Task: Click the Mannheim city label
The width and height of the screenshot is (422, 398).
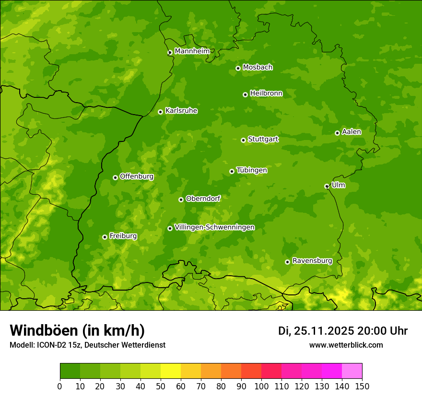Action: pyautogui.click(x=192, y=51)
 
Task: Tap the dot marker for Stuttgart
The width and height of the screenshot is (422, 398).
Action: pyautogui.click(x=243, y=140)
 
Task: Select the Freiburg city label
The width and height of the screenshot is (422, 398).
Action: pyautogui.click(x=123, y=236)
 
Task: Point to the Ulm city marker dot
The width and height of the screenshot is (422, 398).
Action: pyautogui.click(x=327, y=186)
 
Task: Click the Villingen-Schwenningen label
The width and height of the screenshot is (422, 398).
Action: pyautogui.click(x=214, y=227)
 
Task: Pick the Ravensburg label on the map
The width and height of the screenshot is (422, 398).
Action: pyautogui.click(x=312, y=261)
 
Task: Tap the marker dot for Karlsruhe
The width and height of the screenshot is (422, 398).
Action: pyautogui.click(x=160, y=112)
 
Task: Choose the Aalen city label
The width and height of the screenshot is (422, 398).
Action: pyautogui.click(x=352, y=132)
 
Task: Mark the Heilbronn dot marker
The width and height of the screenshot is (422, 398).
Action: pyautogui.click(x=245, y=94)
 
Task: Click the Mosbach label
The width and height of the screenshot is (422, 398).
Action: pyautogui.click(x=258, y=68)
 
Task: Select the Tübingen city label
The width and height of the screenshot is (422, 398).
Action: pyautogui.click(x=251, y=170)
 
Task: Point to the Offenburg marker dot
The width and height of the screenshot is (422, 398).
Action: pyautogui.click(x=115, y=177)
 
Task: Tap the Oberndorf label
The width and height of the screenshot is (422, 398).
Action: pyautogui.click(x=203, y=199)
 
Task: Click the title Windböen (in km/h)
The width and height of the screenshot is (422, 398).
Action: pyautogui.click(x=77, y=330)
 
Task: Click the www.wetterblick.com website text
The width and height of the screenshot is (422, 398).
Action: pyautogui.click(x=346, y=345)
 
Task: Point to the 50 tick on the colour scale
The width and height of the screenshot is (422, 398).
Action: pyautogui.click(x=161, y=386)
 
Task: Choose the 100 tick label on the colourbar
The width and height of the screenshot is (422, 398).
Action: pyautogui.click(x=261, y=386)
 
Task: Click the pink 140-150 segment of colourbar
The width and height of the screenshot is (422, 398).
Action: pyautogui.click(x=352, y=371)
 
